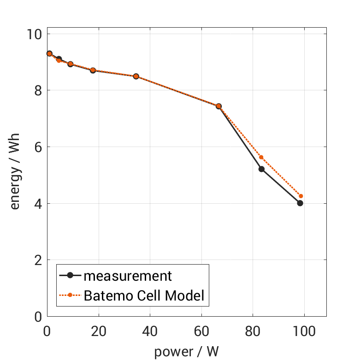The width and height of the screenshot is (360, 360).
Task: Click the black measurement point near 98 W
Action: pyautogui.click(x=300, y=203)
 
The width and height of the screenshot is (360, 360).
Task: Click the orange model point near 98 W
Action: pyautogui.click(x=301, y=196)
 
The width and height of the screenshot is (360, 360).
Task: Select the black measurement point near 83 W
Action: pyautogui.click(x=261, y=169)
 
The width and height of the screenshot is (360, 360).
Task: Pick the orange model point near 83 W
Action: pyautogui.click(x=261, y=157)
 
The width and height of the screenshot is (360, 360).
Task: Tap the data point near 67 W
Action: pyautogui.click(x=218, y=106)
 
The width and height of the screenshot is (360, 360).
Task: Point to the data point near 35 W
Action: pyautogui.click(x=136, y=76)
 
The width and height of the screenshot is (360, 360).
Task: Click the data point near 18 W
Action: pyautogui.click(x=93, y=71)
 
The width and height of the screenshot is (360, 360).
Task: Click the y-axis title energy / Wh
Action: pyautogui.click(x=15, y=175)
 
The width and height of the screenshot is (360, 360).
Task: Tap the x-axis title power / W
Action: pyautogui.click(x=186, y=351)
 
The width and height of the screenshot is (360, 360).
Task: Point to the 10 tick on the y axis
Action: pyautogui.click(x=34, y=34)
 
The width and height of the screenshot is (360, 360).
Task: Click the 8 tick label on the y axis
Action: pyautogui.click(x=37, y=90)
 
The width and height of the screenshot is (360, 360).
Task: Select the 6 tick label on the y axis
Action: pyautogui.click(x=37, y=147)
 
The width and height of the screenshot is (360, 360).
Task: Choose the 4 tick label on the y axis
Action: pyautogui.click(x=37, y=204)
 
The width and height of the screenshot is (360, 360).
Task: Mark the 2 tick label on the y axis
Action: pyautogui.click(x=37, y=260)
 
